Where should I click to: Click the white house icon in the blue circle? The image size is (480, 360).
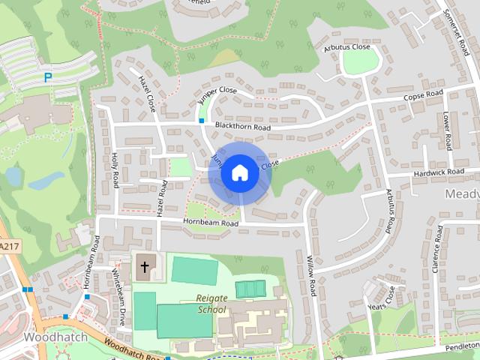pyautogui.click(x=239, y=173)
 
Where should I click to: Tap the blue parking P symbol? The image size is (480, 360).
pyautogui.click(x=48, y=76)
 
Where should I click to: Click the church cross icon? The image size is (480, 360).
pyautogui.click(x=145, y=267)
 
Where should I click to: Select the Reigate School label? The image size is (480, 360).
pyautogui.click(x=211, y=303)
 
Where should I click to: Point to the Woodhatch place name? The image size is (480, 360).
pyautogui.click(x=55, y=337)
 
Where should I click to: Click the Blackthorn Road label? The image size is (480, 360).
pyautogui.click(x=241, y=127)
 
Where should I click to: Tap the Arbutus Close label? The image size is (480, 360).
pyautogui.click(x=347, y=47)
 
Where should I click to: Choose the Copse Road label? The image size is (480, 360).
pyautogui.click(x=423, y=95)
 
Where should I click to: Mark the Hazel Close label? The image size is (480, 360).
pyautogui.click(x=146, y=91)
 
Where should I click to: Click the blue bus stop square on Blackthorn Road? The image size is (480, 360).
pyautogui.click(x=201, y=121)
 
